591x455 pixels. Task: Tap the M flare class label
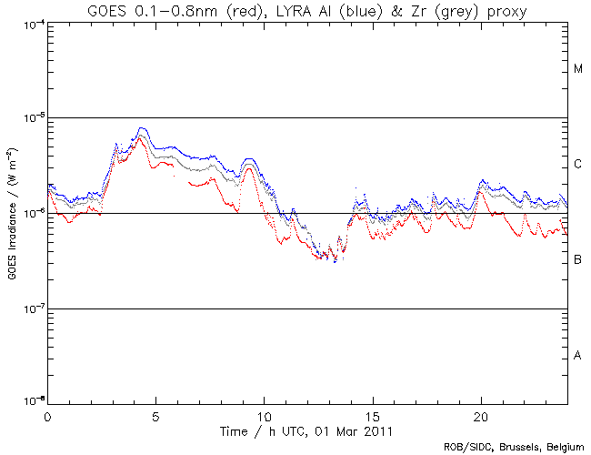pos(578,69)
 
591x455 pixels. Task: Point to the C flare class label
pos(578,165)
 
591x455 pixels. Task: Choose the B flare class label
pos(578,260)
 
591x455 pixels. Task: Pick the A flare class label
pos(578,356)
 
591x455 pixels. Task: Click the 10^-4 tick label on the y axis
pos(30,24)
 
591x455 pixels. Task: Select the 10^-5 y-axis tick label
pos(30,118)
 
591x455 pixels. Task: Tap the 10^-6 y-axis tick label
pos(30,214)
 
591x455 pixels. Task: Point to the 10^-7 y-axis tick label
pos(30,309)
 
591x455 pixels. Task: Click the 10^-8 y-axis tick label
pos(30,402)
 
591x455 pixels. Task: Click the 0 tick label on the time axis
pos(47,416)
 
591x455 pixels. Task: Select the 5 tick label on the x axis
pos(155,416)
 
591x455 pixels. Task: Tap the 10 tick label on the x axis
pos(264,416)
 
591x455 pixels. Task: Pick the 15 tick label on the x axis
pos(372,416)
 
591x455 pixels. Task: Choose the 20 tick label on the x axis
pos(480,416)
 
